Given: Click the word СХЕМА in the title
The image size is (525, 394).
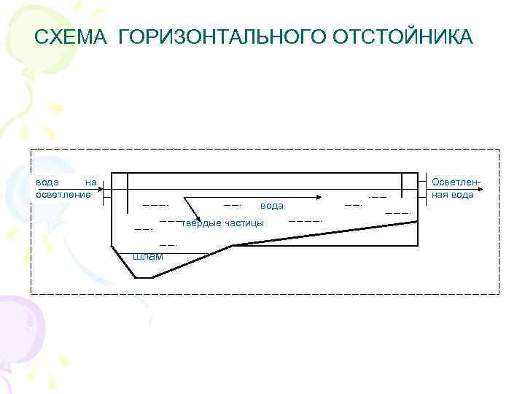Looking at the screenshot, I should pyautogui.click(x=71, y=36).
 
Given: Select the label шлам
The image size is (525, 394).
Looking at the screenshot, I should pyautogui.click(x=148, y=256).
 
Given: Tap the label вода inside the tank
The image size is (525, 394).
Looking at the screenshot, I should pyautogui.click(x=271, y=206).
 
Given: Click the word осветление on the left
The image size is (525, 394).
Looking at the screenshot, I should pyautogui.click(x=63, y=195).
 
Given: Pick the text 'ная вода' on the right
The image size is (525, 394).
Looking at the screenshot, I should pyautogui.click(x=453, y=195).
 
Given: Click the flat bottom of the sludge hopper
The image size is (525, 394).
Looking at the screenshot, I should pyautogui.click(x=143, y=278).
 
